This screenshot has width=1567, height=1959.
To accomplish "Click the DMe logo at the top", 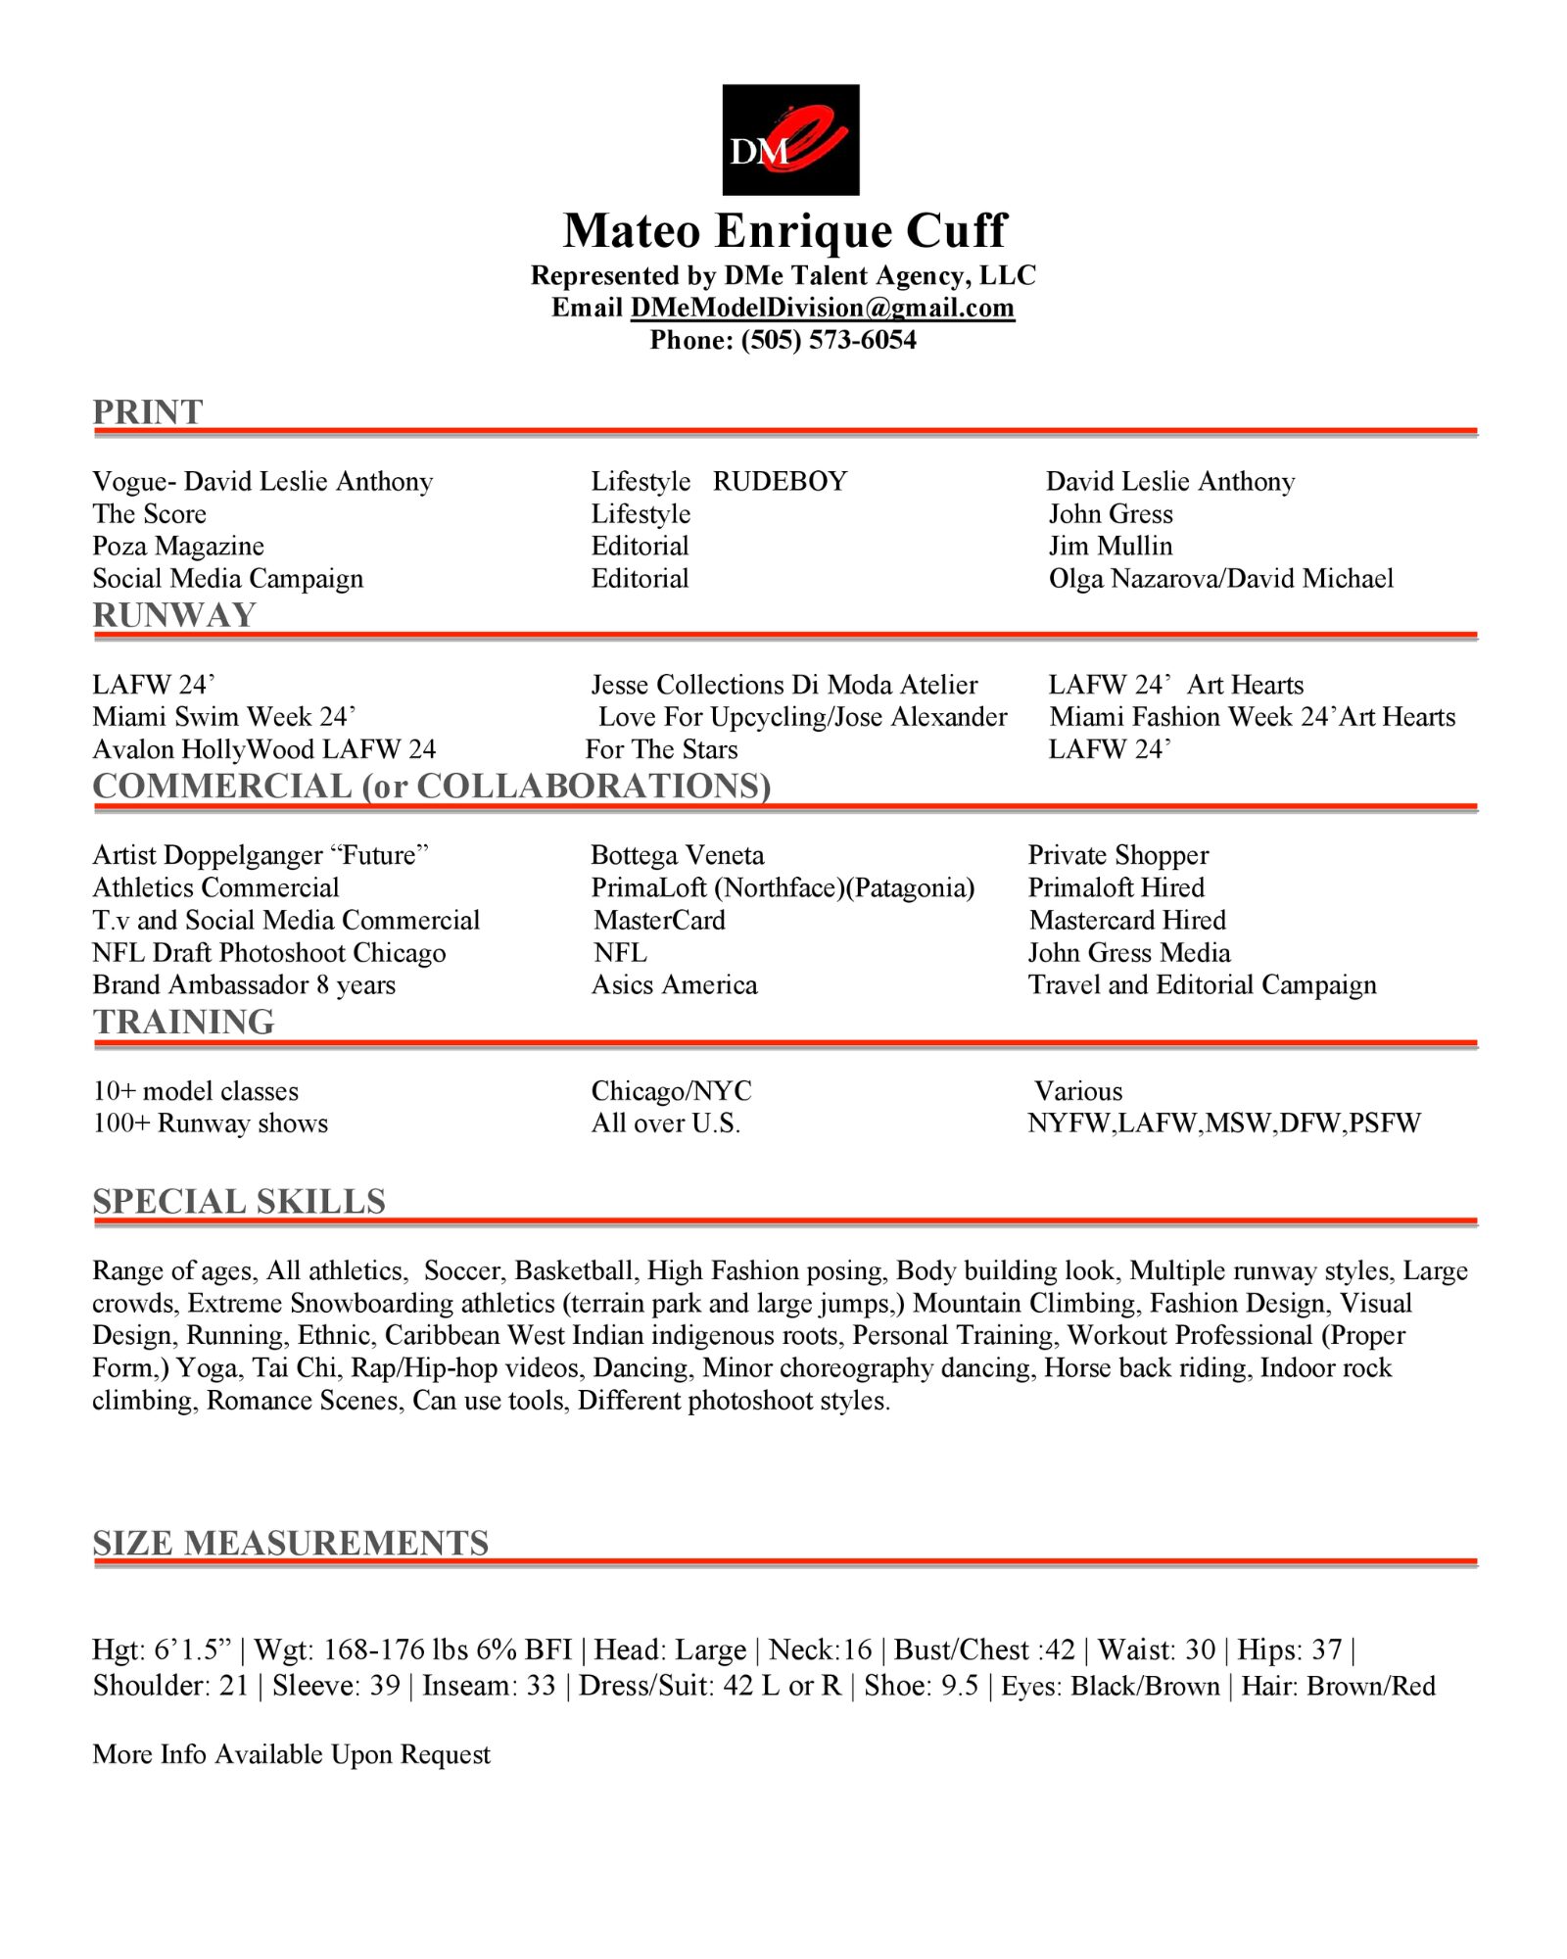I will [x=790, y=139].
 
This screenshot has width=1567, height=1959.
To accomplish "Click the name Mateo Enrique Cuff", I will [x=783, y=231].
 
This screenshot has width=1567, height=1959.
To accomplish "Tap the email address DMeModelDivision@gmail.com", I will [x=822, y=308].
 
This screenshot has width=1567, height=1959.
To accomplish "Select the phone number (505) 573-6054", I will [x=829, y=340].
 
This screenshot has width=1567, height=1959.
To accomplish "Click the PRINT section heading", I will [x=148, y=412].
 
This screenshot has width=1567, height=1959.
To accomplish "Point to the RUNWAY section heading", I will [x=174, y=615].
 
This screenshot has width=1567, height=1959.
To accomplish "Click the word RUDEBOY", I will [x=780, y=481].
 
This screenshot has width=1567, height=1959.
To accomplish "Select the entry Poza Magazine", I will [x=178, y=546].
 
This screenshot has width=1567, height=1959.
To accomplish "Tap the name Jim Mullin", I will [x=1110, y=546].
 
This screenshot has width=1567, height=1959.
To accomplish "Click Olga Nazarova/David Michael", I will [x=1220, y=578].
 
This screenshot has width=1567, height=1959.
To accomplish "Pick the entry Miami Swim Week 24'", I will [x=223, y=717].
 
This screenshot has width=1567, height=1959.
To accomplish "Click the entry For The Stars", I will [x=661, y=749].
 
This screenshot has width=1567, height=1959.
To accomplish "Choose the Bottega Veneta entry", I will [x=677, y=855].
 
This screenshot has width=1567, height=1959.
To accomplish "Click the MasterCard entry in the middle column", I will [x=659, y=920].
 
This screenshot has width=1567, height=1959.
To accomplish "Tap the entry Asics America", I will [x=674, y=984].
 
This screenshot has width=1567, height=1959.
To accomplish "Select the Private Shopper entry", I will [x=1117, y=855].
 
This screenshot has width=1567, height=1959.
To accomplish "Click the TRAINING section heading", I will [x=183, y=1022].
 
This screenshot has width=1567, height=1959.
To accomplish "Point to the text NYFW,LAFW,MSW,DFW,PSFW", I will [x=1223, y=1123].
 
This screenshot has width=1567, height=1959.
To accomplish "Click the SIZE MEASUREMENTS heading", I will [x=290, y=1543].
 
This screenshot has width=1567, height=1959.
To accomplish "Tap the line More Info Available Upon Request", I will [x=291, y=1753].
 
